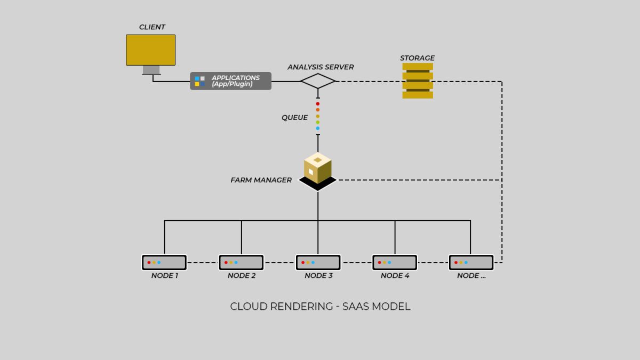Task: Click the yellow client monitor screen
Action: (150, 50)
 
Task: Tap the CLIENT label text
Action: (152, 27)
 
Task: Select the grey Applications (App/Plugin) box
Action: (230, 81)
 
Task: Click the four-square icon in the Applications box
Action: (199, 81)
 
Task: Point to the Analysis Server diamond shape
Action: (318, 81)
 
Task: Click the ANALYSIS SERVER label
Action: (320, 67)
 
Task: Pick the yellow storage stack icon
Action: (418, 81)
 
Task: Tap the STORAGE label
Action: (417, 58)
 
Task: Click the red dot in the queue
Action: (318, 103)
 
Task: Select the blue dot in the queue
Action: (318, 129)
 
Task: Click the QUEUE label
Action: (294, 118)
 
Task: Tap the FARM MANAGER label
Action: (261, 180)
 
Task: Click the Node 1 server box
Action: (164, 262)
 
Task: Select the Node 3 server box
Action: (318, 262)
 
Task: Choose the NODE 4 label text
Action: (395, 276)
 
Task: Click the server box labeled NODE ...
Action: (471, 262)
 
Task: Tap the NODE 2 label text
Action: (242, 276)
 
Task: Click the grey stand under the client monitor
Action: (151, 70)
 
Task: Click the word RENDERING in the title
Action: (301, 307)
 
